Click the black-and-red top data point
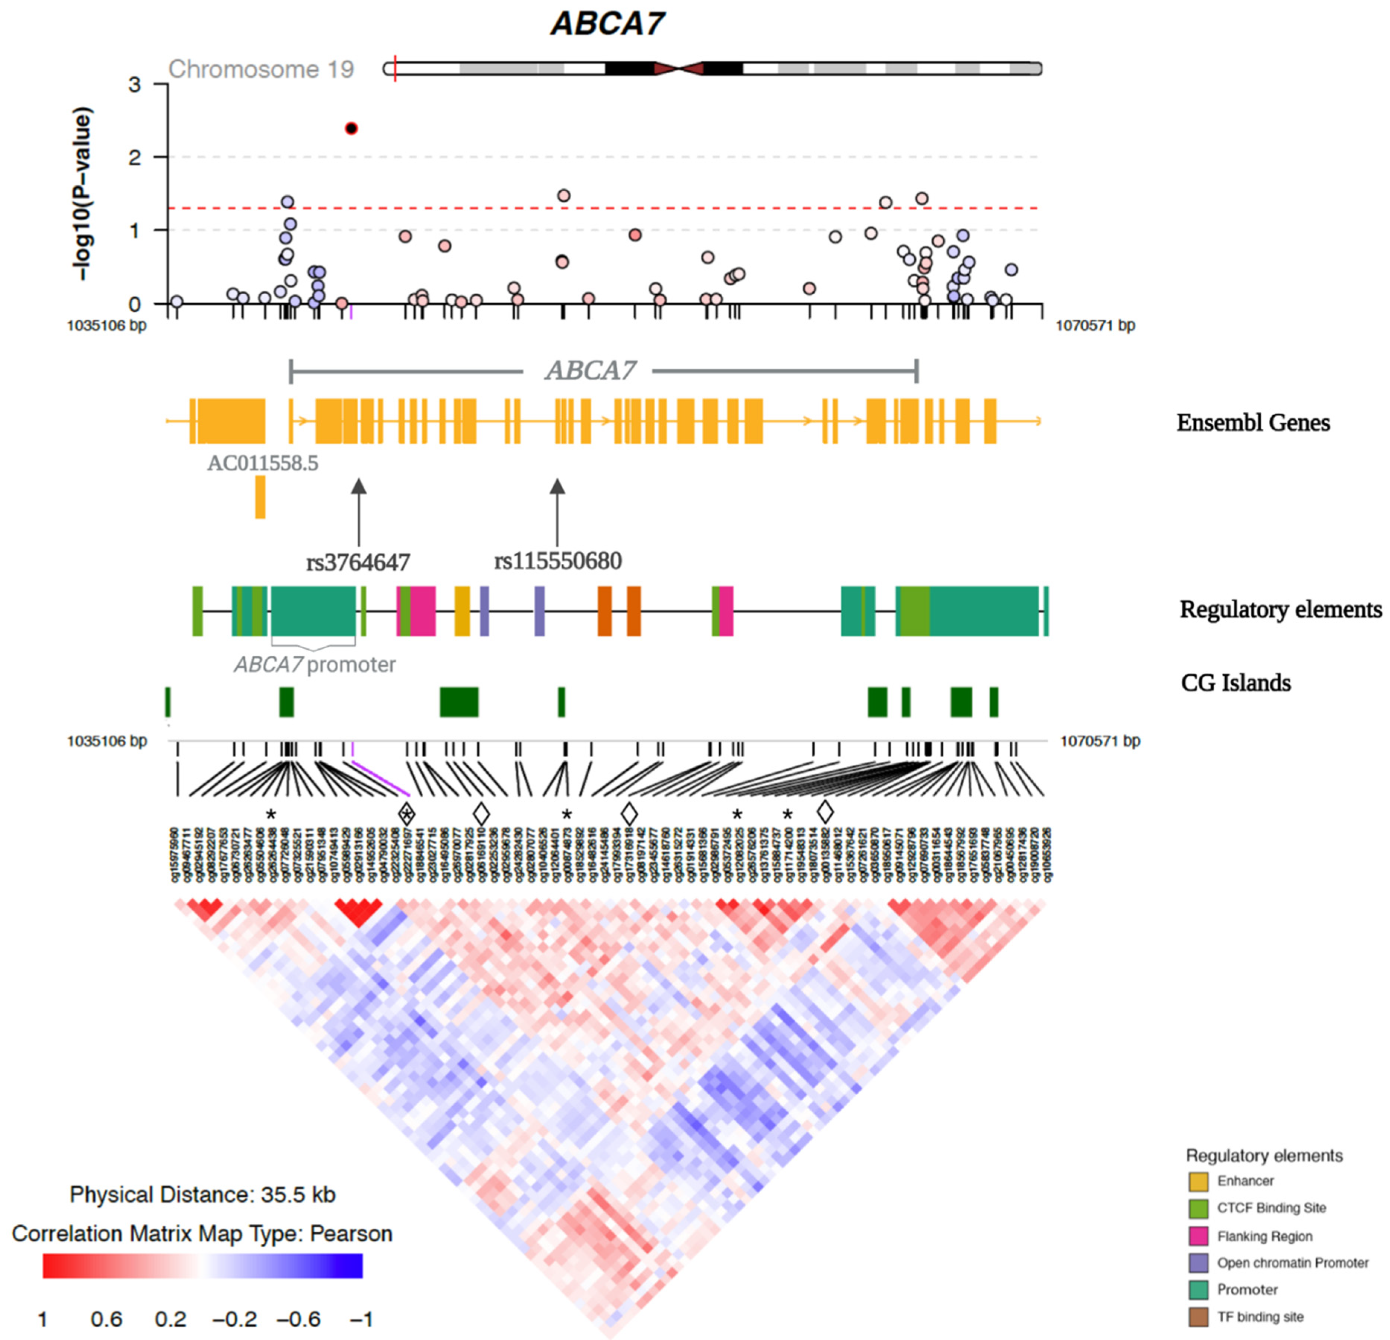(x=351, y=128)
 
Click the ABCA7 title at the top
(x=608, y=23)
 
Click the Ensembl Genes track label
(x=1253, y=423)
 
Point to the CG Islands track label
(x=1236, y=683)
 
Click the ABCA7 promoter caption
(x=315, y=665)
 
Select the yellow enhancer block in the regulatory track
(x=462, y=611)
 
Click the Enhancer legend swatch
(x=1198, y=1181)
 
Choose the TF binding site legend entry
(x=1259, y=1317)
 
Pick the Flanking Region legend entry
(x=1264, y=1237)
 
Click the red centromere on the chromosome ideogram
(x=679, y=69)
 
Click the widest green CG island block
(x=459, y=702)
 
